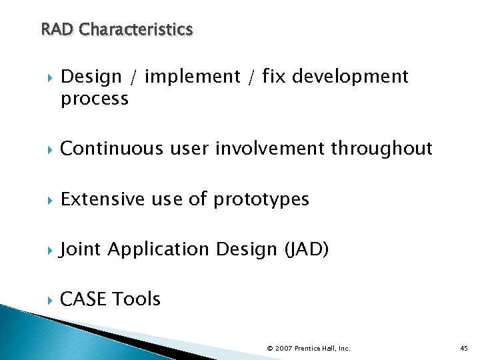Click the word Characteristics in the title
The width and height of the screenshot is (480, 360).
point(136,30)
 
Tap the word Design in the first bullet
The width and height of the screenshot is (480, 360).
point(91,77)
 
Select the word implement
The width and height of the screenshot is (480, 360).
point(192,77)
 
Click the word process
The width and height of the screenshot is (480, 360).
point(94,99)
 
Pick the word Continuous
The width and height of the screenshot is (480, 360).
point(110,149)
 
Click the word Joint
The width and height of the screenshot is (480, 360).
point(81,249)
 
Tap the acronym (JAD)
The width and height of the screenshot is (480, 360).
point(307,249)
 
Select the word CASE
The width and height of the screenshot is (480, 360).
point(83,299)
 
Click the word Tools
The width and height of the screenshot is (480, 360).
point(137,299)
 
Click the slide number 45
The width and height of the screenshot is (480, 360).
point(464,348)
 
